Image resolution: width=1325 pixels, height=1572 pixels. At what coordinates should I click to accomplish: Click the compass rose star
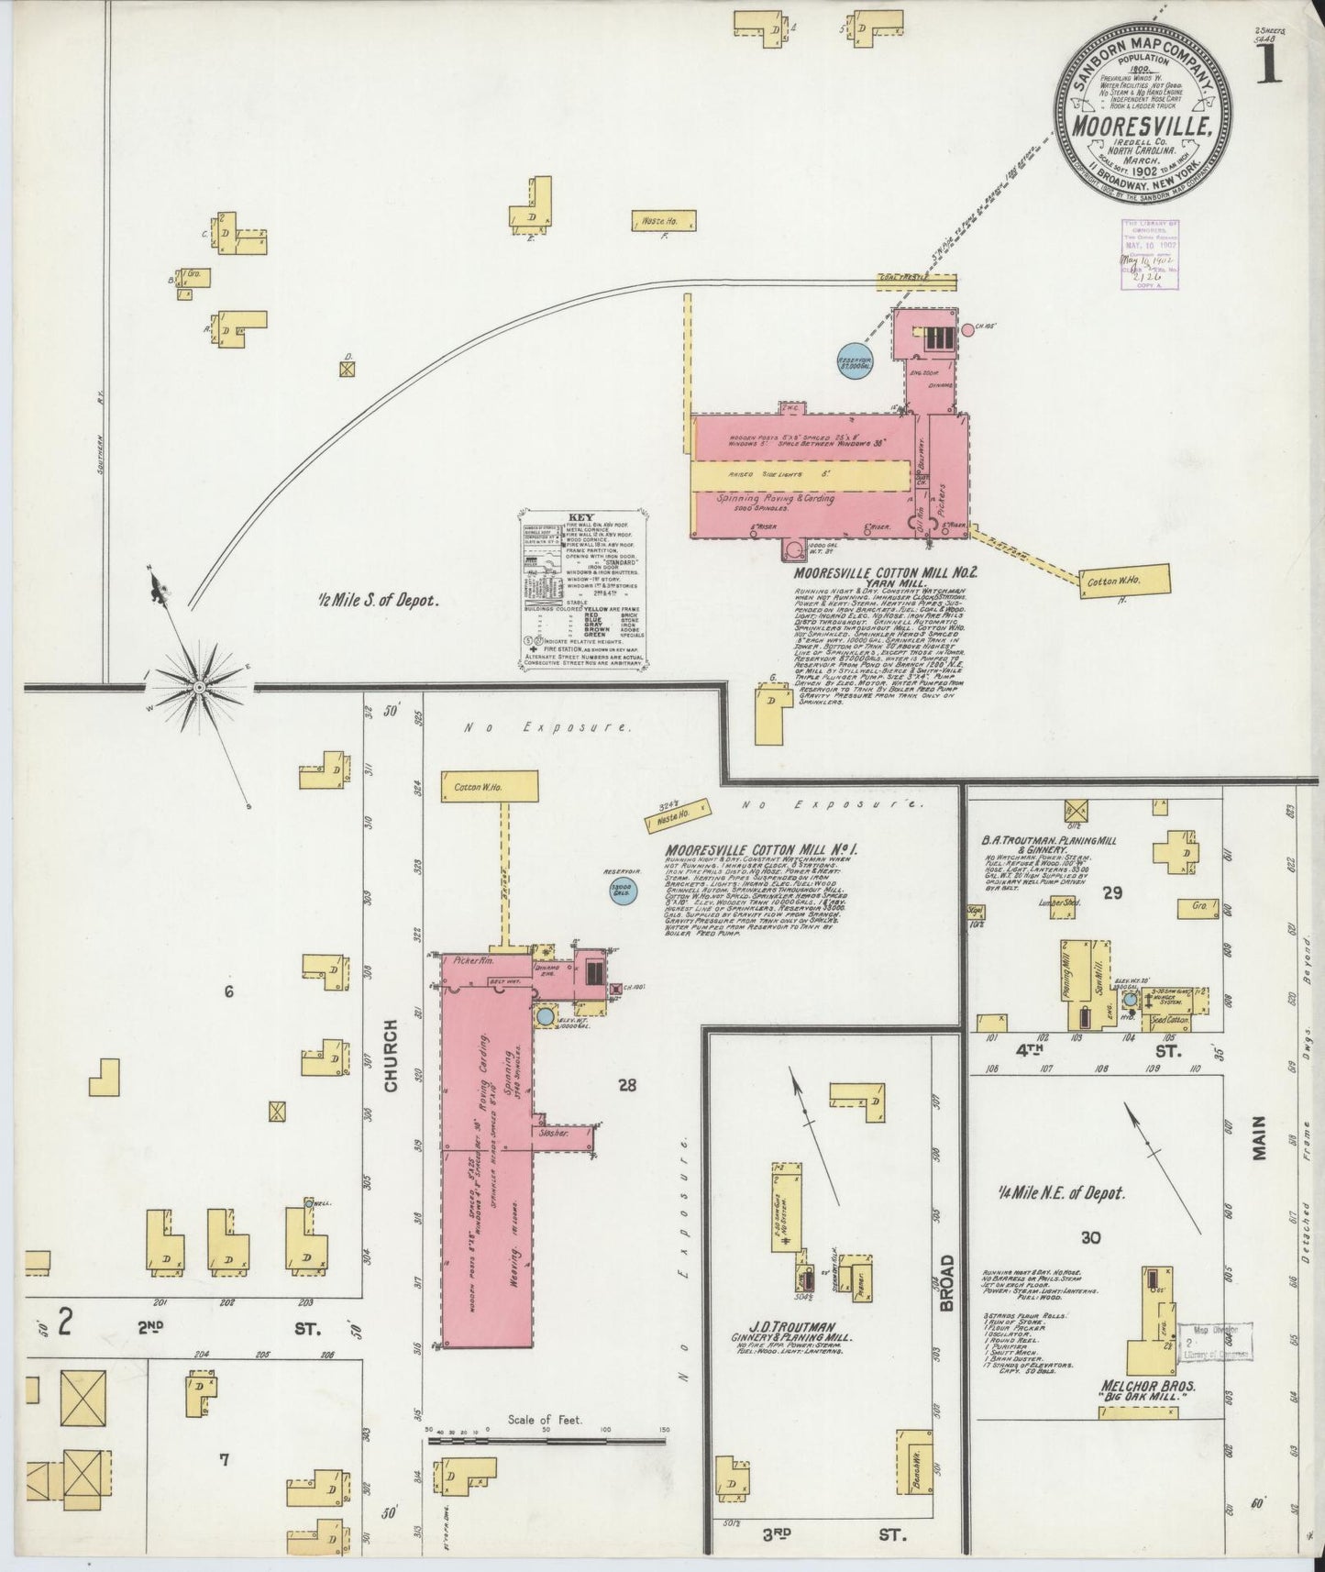click(199, 685)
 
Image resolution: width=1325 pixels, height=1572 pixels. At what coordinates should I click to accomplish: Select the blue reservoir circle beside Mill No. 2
click(855, 360)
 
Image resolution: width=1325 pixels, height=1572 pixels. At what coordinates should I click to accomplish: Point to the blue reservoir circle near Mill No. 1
click(624, 889)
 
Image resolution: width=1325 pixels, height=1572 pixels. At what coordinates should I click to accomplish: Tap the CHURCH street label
click(392, 1055)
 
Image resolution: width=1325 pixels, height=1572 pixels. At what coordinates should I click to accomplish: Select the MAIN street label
click(1259, 1138)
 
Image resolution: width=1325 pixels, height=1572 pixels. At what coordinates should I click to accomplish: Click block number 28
click(627, 1086)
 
